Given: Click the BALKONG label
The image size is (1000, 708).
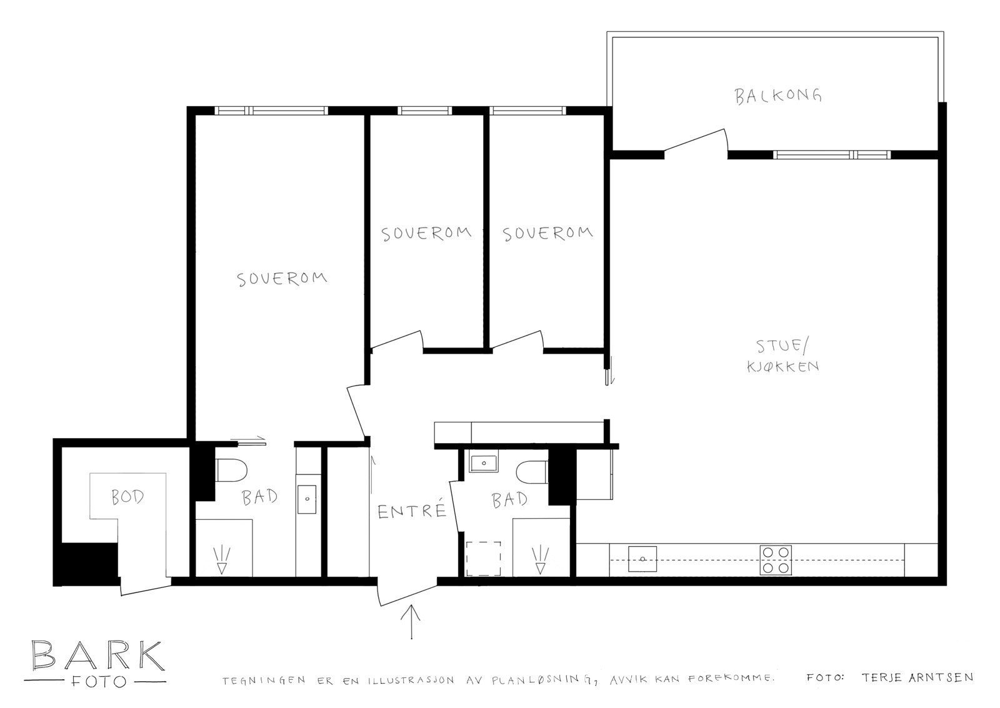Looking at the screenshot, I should click(x=777, y=96).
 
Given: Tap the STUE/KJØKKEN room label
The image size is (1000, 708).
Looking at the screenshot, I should click(x=782, y=356).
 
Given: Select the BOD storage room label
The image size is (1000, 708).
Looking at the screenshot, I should click(x=127, y=497).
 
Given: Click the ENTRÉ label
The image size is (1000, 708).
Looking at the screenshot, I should click(x=412, y=512).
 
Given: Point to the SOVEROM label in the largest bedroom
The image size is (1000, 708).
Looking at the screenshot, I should click(x=282, y=278).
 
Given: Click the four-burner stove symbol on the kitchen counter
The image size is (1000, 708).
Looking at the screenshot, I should click(x=776, y=560).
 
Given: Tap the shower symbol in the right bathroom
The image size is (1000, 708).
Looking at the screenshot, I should click(x=539, y=559).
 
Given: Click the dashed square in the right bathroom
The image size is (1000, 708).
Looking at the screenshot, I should click(x=483, y=559).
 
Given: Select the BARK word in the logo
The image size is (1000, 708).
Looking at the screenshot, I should click(x=97, y=656).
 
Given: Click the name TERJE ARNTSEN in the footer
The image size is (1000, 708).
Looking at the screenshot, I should click(x=916, y=677).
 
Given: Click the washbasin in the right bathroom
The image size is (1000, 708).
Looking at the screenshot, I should click(x=484, y=463).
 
